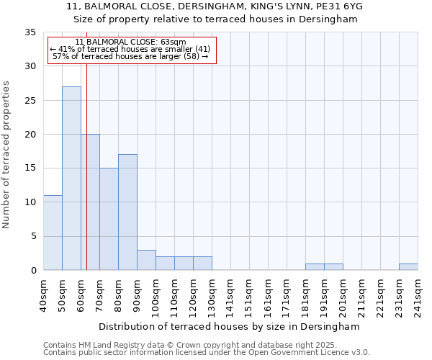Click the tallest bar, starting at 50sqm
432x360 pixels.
[x=71, y=178]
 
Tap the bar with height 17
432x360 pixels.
[x=127, y=212]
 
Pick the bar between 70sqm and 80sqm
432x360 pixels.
[x=109, y=219]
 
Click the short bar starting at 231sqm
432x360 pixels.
[x=408, y=267]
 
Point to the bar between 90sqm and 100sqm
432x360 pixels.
[x=146, y=260]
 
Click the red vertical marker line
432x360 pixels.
[x=86, y=180]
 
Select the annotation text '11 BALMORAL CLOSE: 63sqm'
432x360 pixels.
[x=130, y=42]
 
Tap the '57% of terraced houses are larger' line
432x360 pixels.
[x=130, y=57]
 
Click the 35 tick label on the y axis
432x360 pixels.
[x=30, y=32]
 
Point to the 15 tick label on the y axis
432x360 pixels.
[x=30, y=168]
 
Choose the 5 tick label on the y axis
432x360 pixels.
[x=33, y=236]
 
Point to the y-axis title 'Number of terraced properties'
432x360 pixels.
[x=6, y=154]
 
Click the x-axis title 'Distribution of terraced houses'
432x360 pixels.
[x=229, y=327]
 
